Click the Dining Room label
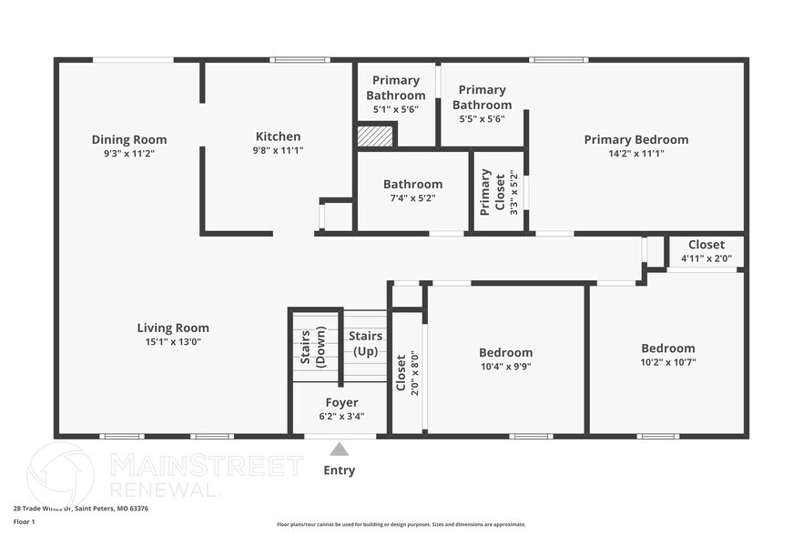129,139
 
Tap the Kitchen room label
278,136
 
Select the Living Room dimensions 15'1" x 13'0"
173,342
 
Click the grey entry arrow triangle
339,449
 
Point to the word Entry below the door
340,470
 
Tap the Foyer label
341,402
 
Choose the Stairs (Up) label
365,343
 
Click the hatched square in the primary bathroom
374,136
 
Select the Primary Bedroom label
635,139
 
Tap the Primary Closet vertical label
486,191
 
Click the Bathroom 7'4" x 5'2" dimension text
412,197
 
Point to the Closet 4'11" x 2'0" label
706,245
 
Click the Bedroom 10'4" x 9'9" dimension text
505,367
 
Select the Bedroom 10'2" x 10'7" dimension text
667,362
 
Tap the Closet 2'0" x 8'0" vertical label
401,371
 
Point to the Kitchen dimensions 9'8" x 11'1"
278,150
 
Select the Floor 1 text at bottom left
24,521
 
